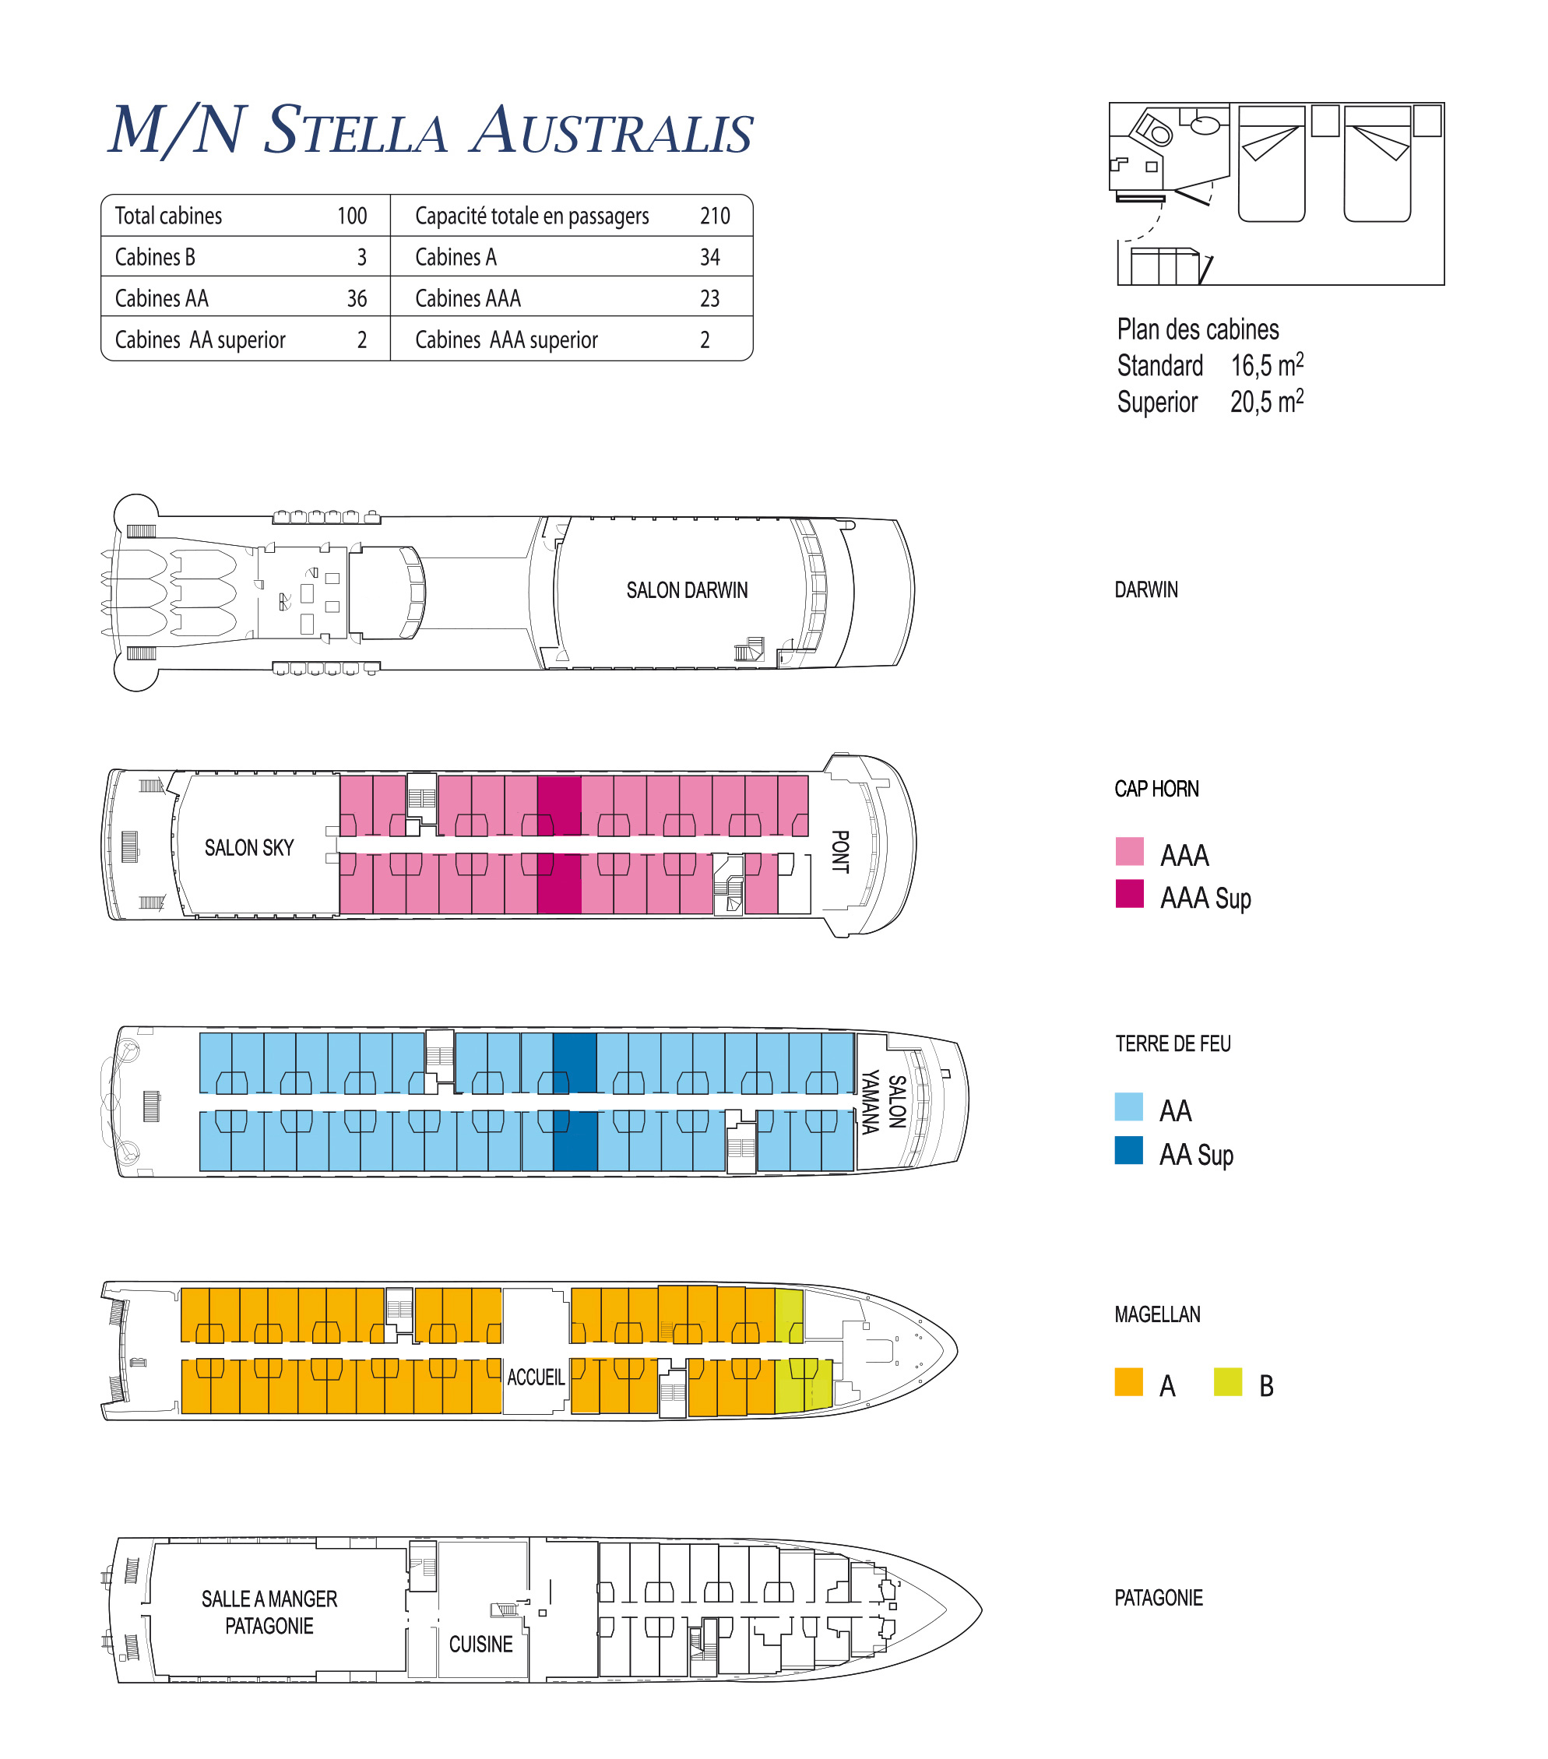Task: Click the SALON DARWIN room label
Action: point(687,590)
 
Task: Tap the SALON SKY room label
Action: point(248,848)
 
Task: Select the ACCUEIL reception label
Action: point(535,1377)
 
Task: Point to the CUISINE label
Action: point(480,1644)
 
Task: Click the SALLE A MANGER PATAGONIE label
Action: point(269,1612)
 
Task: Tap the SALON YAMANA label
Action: point(884,1103)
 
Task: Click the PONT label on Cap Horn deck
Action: point(840,852)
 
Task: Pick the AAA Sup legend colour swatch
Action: point(1129,893)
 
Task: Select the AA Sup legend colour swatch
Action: point(1128,1150)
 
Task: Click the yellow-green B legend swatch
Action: point(1228,1382)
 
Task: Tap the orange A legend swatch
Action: point(1128,1382)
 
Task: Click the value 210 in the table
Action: point(714,216)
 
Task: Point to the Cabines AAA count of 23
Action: point(709,298)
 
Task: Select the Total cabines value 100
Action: point(352,216)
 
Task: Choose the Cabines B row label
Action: point(155,257)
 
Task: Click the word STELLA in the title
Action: point(355,131)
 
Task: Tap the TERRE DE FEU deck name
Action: point(1173,1044)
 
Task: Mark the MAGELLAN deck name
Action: point(1157,1314)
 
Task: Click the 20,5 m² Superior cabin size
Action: point(1267,401)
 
